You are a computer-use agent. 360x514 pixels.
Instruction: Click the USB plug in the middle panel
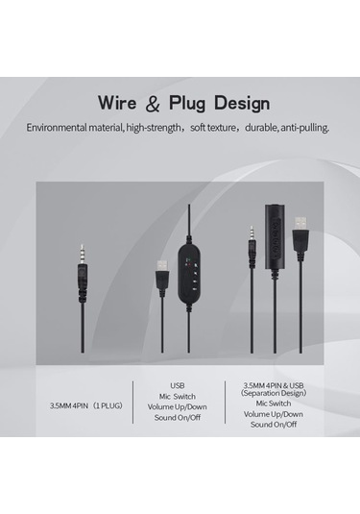(161, 274)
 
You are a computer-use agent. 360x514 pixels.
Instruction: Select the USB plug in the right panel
(300, 231)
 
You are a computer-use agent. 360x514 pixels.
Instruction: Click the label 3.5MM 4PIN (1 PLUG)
(82, 404)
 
